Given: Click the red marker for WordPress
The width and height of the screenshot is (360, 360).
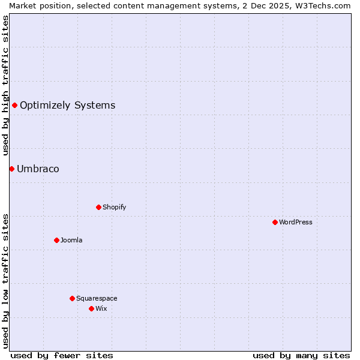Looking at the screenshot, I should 275,222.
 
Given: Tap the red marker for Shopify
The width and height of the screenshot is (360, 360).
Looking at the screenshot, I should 98,207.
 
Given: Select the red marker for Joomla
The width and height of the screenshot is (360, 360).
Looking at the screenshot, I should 56,240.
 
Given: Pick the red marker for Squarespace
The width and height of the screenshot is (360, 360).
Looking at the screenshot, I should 72,298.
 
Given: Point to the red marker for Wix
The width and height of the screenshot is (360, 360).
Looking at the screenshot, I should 91,308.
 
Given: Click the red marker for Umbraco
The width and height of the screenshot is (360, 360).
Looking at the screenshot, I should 11,169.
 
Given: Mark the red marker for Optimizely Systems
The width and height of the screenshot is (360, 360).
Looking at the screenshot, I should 14,106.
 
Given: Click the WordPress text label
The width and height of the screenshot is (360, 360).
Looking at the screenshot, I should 296,222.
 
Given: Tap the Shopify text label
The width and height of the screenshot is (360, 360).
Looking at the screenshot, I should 115,207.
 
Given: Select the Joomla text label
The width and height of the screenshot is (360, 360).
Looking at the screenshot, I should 71,240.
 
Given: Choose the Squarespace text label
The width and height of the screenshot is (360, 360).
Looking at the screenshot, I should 97,298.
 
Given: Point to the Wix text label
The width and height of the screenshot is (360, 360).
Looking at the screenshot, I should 101,308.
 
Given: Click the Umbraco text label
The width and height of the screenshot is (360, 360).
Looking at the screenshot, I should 38,169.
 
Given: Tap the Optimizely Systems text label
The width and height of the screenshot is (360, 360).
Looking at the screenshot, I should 67,106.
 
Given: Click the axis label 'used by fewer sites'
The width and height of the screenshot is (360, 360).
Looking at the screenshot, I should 62,355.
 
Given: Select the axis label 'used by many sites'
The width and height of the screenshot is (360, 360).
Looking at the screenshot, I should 301,355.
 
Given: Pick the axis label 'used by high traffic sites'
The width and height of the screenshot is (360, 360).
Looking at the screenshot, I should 5,85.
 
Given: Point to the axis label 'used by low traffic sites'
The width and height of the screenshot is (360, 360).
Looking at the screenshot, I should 5,281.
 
